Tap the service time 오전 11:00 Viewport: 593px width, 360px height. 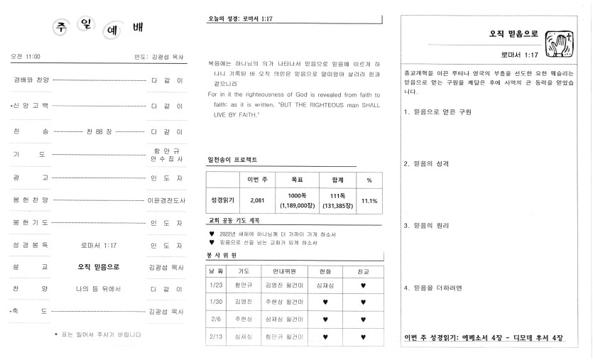(26, 56)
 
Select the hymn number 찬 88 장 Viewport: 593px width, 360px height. (99, 132)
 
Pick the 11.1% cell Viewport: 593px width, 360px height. (369, 200)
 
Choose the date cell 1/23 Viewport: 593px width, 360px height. (216, 285)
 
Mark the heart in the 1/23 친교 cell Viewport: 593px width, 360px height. (364, 285)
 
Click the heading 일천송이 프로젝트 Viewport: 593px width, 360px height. (232, 159)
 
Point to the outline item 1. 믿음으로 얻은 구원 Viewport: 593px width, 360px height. (437, 112)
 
